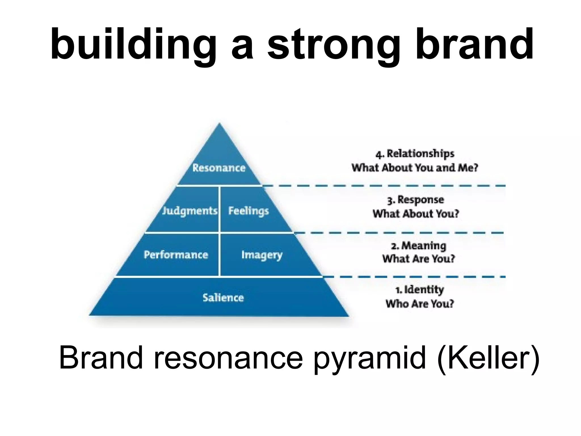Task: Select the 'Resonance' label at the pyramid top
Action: click(219, 168)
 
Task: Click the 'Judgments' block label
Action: click(190, 211)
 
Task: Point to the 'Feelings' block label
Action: click(249, 211)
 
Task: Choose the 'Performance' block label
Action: click(176, 255)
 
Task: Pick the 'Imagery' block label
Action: click(262, 255)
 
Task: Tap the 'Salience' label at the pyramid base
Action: click(223, 297)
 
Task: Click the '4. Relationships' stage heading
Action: click(415, 154)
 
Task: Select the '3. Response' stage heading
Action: click(416, 200)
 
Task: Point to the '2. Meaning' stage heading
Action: click(418, 246)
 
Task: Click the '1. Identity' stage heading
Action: click(420, 290)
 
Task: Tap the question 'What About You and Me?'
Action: click(415, 168)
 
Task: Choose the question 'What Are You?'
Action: click(418, 259)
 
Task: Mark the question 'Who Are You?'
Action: click(420, 304)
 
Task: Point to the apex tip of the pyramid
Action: click(219, 124)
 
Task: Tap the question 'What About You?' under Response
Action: click(416, 214)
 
